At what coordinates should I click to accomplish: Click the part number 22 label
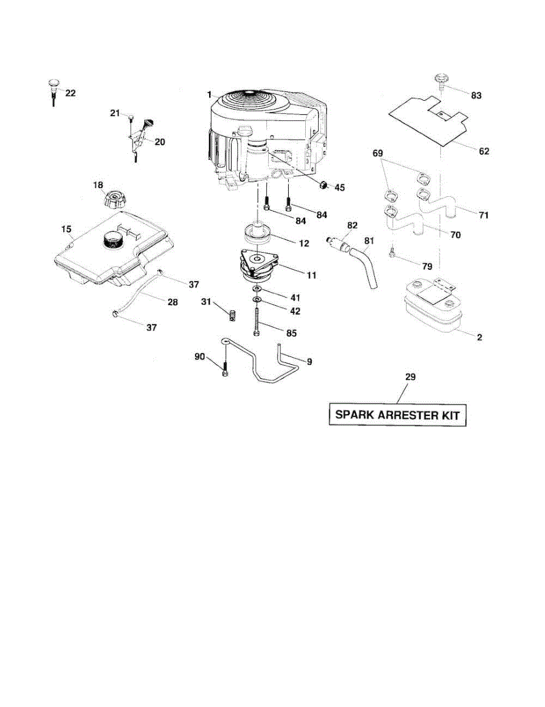70,93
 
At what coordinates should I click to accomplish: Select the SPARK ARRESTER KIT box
397,415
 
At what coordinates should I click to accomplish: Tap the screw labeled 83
440,80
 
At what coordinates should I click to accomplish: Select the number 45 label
339,187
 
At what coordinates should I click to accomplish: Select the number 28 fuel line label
173,302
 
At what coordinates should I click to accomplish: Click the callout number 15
66,228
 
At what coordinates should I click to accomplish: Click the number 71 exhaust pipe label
483,215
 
